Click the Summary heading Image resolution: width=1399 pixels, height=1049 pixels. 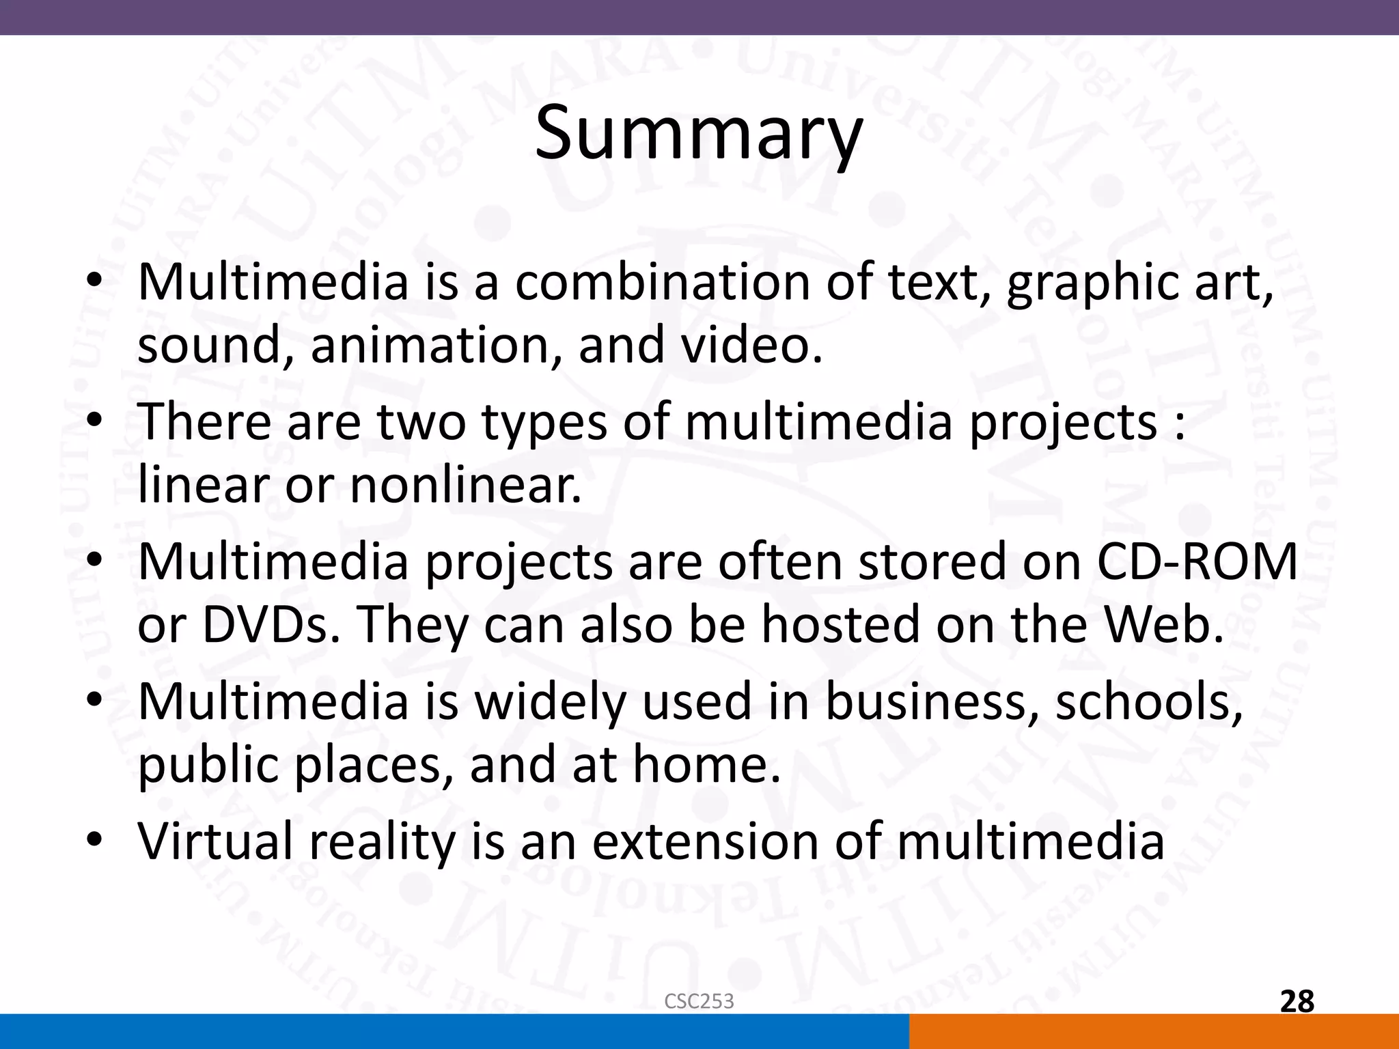tap(698, 133)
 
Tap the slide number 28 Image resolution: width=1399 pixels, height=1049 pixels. tap(1297, 1001)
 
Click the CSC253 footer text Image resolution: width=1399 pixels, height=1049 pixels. tap(699, 1001)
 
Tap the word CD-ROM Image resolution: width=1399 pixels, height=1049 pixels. tap(1197, 561)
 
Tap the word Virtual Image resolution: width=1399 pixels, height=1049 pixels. tap(217, 841)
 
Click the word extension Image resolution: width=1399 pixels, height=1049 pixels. tap(704, 841)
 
